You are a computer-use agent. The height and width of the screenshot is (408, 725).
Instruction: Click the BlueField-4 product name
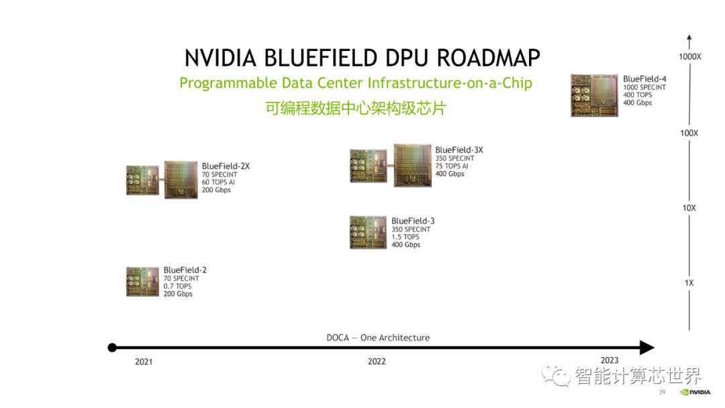click(x=644, y=79)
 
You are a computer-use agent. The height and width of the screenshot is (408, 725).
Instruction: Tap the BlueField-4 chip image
click(x=594, y=95)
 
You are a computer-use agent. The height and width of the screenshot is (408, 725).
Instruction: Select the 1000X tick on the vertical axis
click(x=690, y=57)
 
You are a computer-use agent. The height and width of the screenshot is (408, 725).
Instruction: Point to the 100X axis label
click(x=689, y=133)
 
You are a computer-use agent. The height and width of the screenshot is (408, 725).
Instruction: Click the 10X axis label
click(x=689, y=208)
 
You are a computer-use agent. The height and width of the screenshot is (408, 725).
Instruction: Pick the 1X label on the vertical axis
click(x=689, y=283)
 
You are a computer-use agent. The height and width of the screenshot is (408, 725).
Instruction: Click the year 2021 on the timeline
click(x=144, y=362)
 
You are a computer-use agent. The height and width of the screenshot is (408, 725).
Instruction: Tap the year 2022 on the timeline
click(x=377, y=361)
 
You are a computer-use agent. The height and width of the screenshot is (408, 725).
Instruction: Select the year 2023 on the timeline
click(x=610, y=360)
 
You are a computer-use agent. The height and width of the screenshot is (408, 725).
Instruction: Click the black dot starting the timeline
click(x=112, y=348)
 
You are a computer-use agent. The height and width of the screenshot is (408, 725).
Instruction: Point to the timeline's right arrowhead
click(x=647, y=348)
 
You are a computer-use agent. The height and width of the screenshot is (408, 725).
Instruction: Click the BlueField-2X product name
click(x=226, y=166)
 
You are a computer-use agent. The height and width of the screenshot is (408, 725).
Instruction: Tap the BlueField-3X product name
click(x=459, y=150)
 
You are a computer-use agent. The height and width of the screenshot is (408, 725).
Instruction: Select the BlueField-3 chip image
click(x=368, y=232)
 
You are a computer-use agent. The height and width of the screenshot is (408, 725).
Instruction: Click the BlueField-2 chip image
click(x=142, y=281)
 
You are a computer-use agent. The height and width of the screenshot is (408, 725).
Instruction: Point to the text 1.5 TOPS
click(x=405, y=237)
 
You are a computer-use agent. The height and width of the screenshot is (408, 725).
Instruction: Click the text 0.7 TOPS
click(x=177, y=287)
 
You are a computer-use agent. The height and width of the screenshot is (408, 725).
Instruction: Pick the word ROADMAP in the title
click(x=488, y=58)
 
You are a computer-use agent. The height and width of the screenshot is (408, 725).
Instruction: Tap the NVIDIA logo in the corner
click(x=695, y=393)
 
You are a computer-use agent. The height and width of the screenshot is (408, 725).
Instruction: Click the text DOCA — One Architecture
click(x=378, y=338)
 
